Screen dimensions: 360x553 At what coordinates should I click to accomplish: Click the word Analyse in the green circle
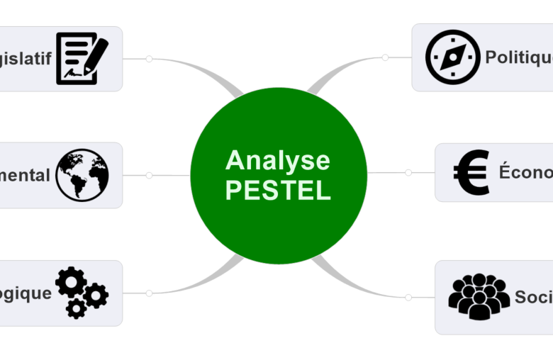(x=278, y=161)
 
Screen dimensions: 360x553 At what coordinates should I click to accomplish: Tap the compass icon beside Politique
(x=453, y=57)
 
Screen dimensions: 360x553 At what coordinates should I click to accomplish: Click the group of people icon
(x=479, y=296)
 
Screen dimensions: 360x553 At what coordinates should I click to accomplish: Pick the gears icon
(x=81, y=292)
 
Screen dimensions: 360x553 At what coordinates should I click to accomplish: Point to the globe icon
(x=82, y=174)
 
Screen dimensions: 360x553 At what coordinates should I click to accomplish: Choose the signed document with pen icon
(x=82, y=58)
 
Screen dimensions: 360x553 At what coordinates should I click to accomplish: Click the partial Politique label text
(x=518, y=57)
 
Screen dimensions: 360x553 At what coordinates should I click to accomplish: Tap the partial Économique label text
(x=525, y=172)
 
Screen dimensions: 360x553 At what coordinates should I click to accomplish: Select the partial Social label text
(x=533, y=297)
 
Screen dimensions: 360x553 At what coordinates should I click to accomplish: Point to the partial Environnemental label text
(x=25, y=175)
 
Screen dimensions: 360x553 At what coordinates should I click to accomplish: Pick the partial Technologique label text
(x=26, y=293)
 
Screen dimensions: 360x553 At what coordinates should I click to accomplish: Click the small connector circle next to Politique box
(x=385, y=57)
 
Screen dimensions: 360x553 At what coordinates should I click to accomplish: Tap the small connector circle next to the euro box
(x=408, y=172)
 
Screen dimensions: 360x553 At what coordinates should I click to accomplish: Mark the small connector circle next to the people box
(x=408, y=298)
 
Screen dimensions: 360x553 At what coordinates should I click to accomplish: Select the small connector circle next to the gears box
(x=149, y=293)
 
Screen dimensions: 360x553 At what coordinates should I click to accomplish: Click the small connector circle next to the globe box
(x=149, y=175)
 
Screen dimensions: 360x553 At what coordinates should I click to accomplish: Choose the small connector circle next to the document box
(x=149, y=59)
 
